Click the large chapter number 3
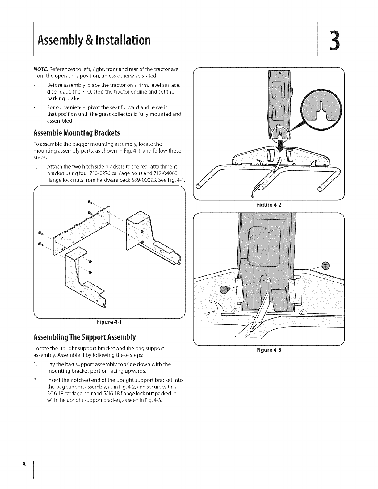(x=333, y=41)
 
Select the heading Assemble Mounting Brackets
(x=76, y=133)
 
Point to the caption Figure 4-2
(x=268, y=204)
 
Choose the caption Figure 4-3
(x=268, y=350)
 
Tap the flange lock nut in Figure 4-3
(x=325, y=265)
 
